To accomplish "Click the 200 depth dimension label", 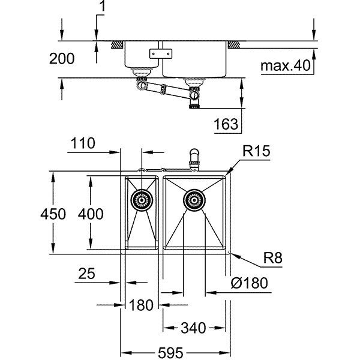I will point(62,59).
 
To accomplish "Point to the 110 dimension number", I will point(82,143).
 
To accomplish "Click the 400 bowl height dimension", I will point(91,213).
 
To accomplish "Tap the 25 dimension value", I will point(86,274).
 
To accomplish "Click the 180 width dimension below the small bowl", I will point(142,305).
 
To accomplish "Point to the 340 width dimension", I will point(193,328).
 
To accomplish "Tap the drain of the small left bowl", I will point(142,199).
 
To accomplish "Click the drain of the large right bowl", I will point(194,199).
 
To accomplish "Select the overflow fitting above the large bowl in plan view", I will point(193,157).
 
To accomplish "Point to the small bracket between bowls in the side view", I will point(160,53).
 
